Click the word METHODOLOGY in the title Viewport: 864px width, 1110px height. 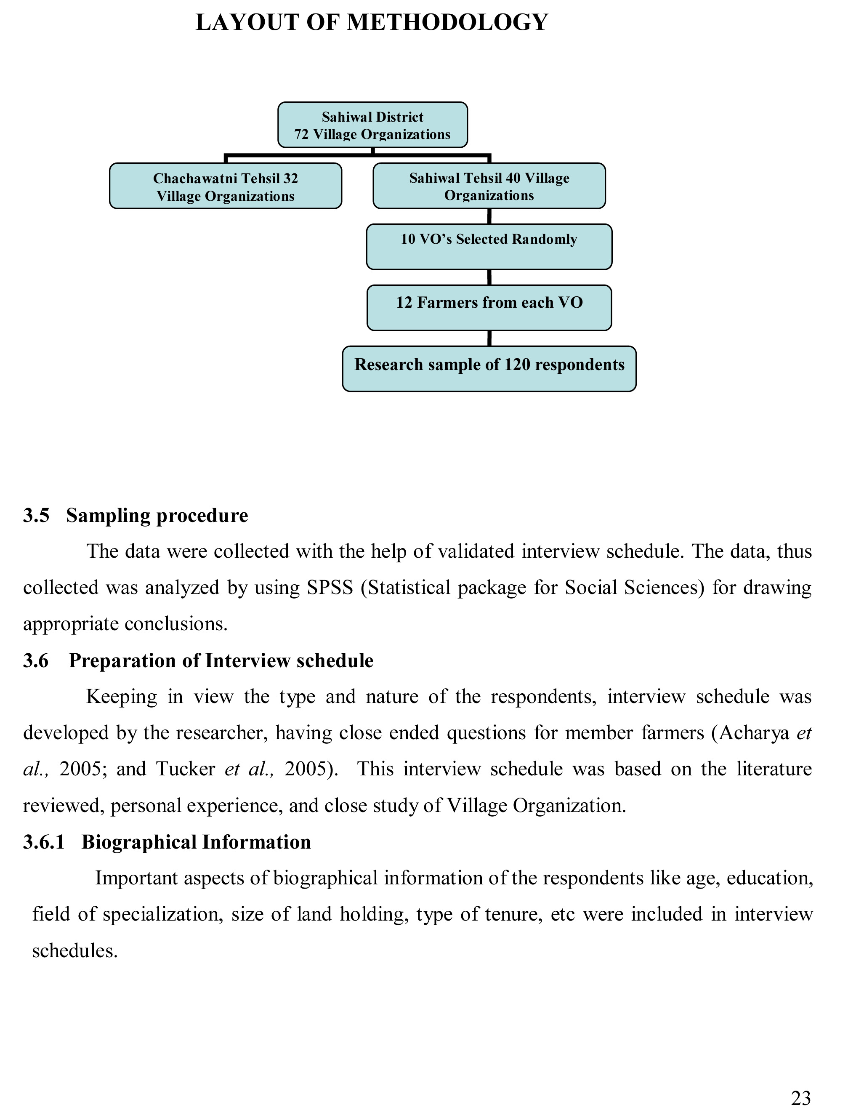coord(447,23)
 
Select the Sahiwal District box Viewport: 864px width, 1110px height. coord(372,125)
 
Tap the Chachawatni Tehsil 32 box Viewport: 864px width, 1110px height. coord(225,186)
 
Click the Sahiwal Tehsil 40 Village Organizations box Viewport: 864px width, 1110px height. coord(489,186)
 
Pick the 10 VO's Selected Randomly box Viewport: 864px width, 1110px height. coord(489,247)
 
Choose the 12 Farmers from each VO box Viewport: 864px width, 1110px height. coord(489,308)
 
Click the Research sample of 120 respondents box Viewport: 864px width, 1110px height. coord(489,369)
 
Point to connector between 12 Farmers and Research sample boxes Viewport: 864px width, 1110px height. coord(489,338)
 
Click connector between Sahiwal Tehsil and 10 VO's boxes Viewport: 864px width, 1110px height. coord(489,216)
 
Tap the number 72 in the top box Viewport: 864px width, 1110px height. coord(301,135)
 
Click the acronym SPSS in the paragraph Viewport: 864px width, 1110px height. coord(330,588)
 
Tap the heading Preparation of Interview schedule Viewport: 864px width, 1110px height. coord(221,661)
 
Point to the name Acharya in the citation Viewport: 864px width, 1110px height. coord(754,733)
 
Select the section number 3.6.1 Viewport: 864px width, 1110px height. coord(44,842)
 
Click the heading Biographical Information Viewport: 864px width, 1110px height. coord(196,842)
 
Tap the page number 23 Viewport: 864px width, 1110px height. coord(801,1098)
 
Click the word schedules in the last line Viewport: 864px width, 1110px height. coord(75,950)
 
